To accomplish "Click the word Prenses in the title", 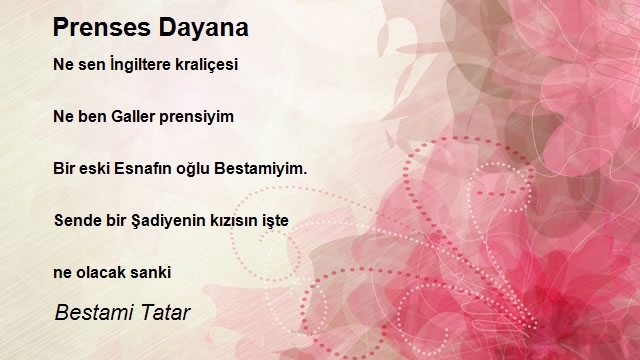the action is [x=102, y=28].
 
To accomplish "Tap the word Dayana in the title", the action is [x=204, y=29].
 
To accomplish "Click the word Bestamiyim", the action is [x=260, y=169].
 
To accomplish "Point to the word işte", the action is [x=275, y=221].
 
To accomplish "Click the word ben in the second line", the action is [x=93, y=117].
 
